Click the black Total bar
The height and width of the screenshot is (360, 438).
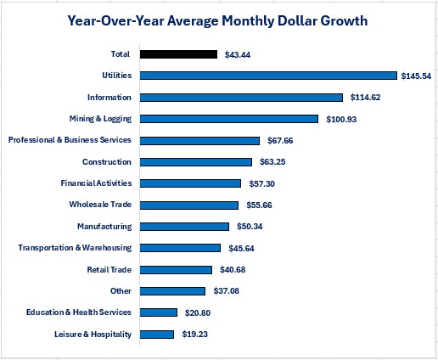pyautogui.click(x=178, y=54)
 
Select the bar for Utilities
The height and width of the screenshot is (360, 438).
pyautogui.click(x=268, y=76)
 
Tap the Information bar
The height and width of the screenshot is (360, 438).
pyautogui.click(x=241, y=98)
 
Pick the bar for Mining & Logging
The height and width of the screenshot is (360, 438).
pyautogui.click(x=229, y=119)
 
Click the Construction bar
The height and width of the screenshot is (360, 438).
pyautogui.click(x=196, y=162)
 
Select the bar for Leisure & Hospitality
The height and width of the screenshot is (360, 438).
pyautogui.click(x=157, y=335)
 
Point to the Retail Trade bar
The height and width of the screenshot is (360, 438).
pyautogui.click(x=176, y=270)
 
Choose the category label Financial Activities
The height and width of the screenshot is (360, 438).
pyautogui.click(x=96, y=183)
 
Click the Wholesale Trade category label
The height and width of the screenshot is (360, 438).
pyautogui.click(x=100, y=205)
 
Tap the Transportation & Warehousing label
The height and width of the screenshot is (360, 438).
pyautogui.click(x=75, y=248)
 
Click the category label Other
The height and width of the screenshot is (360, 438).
pyautogui.click(x=121, y=291)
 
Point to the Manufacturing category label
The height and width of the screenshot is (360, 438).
pyautogui.click(x=104, y=227)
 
